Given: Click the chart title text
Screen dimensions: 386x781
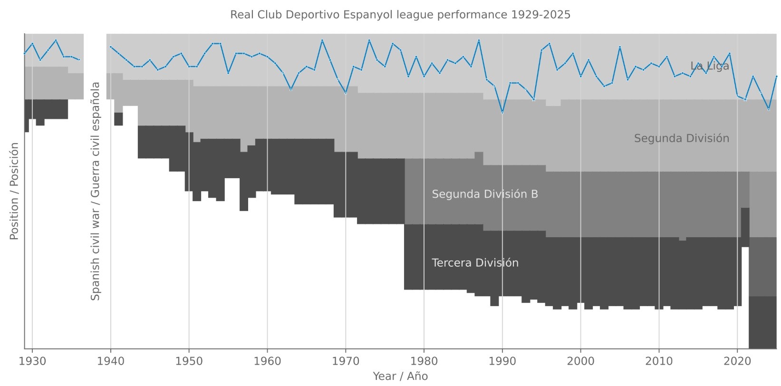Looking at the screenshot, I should pos(400,15).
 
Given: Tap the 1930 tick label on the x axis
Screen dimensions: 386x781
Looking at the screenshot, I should pos(32,361).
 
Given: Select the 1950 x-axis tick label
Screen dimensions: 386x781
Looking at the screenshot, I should pos(189,361).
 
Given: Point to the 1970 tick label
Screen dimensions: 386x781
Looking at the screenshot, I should pos(346,361).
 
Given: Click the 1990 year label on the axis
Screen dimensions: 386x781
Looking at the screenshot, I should pos(502,361).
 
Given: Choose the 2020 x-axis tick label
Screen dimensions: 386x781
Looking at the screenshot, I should pos(737,361).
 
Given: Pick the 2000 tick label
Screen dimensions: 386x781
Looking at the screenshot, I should pos(580,361).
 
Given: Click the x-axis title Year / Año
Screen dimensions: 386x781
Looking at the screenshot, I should pos(400,376).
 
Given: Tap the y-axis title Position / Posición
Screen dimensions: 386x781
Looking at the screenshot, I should pos(14,191).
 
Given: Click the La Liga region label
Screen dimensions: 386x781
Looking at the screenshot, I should pos(709,66).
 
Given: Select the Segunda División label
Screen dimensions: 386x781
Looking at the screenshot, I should pos(681,138).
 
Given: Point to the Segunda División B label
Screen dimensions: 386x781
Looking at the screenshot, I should pos(485,194).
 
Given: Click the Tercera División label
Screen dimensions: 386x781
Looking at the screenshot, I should pos(475,263).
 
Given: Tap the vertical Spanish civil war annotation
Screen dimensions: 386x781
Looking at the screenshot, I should pos(96,191).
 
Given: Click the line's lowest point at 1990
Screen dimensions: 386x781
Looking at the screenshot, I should pos(502,113).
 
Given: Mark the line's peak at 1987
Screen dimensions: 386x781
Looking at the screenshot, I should pos(479,40).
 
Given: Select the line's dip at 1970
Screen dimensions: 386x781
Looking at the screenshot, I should pos(346,93).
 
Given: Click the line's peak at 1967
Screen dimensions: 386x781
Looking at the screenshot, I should pos(322,40).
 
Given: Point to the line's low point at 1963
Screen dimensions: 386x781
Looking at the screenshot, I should pos(291,89).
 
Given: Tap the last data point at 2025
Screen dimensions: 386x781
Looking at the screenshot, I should pos(776,76).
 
